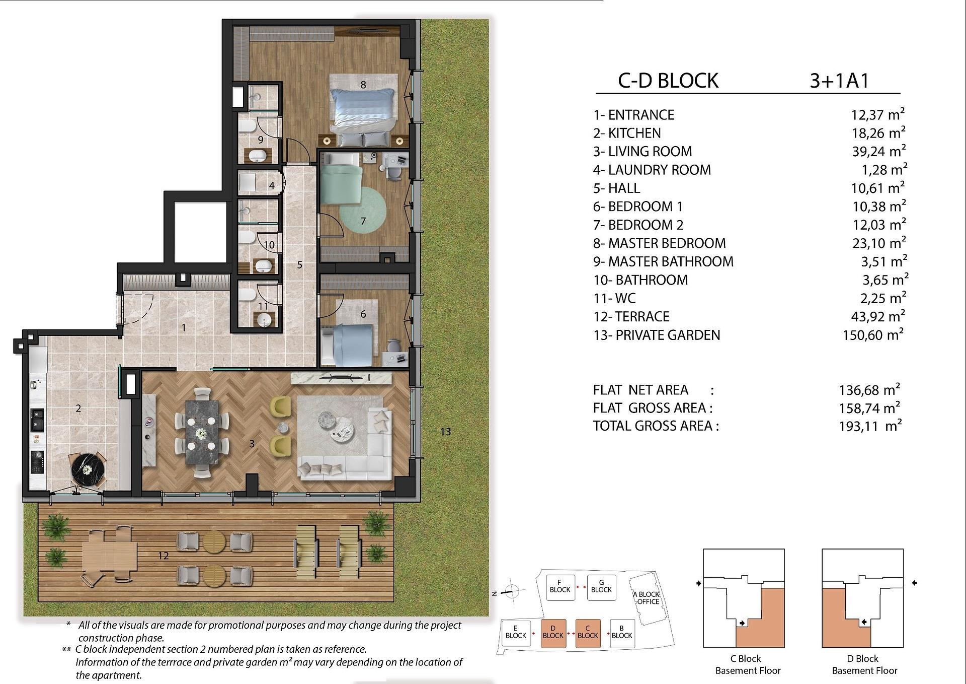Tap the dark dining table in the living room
click(202, 432)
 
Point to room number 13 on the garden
click(445, 432)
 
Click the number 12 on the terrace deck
click(163, 556)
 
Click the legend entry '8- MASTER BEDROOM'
click(659, 243)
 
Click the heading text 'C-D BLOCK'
click(668, 81)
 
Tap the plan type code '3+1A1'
click(839, 81)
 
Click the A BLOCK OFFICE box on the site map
click(649, 598)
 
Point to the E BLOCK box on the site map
click(516, 633)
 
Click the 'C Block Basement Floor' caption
click(748, 664)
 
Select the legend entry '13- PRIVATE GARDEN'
click(657, 335)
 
